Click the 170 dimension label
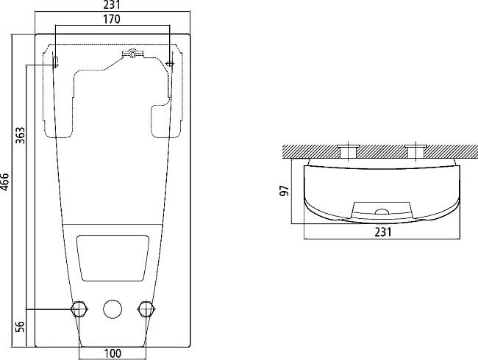tap(112, 20)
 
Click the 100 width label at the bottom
tap(112, 353)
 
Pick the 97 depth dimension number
tap(285, 191)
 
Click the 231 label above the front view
tap(112, 5)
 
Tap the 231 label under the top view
tap(382, 232)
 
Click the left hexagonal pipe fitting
tap(78, 309)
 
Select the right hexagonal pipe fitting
tap(146, 309)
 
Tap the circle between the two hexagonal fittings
tap(112, 309)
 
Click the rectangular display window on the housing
tap(112, 257)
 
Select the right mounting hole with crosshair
tap(170, 64)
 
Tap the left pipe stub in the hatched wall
tap(346, 151)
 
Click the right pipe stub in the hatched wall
tap(415, 151)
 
